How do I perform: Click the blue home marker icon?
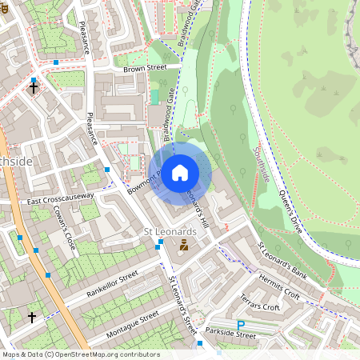180,172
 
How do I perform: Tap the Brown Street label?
145,70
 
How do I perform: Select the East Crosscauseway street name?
60,198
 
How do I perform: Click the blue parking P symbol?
241,325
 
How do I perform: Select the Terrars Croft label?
260,302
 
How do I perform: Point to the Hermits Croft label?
279,286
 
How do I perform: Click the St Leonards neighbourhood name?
170,231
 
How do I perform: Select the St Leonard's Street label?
184,304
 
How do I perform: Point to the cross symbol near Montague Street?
32,318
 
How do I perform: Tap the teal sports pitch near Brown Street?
154,97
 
